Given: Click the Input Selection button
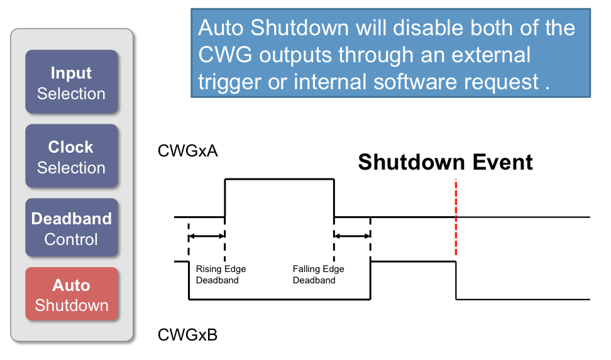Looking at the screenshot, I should tap(71, 82).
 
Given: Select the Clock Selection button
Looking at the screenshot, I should tap(71, 156).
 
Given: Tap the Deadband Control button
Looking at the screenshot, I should tap(71, 228).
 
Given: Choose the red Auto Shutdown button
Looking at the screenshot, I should tap(71, 295).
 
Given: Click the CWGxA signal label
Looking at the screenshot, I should tap(188, 151).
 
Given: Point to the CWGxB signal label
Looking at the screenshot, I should tap(187, 335).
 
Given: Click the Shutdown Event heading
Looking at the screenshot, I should tap(445, 162).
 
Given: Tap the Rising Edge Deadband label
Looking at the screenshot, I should tap(221, 275).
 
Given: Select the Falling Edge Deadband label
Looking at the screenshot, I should tap(318, 275).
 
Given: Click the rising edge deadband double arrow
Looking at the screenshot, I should tap(207, 236).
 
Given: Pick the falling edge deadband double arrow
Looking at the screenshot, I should tap(352, 236).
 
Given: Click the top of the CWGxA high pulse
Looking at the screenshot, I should tap(279, 180).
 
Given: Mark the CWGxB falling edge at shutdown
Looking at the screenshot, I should tap(456, 280).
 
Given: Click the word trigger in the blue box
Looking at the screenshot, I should tap(229, 82).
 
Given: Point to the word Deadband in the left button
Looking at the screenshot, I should tap(71, 219).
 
